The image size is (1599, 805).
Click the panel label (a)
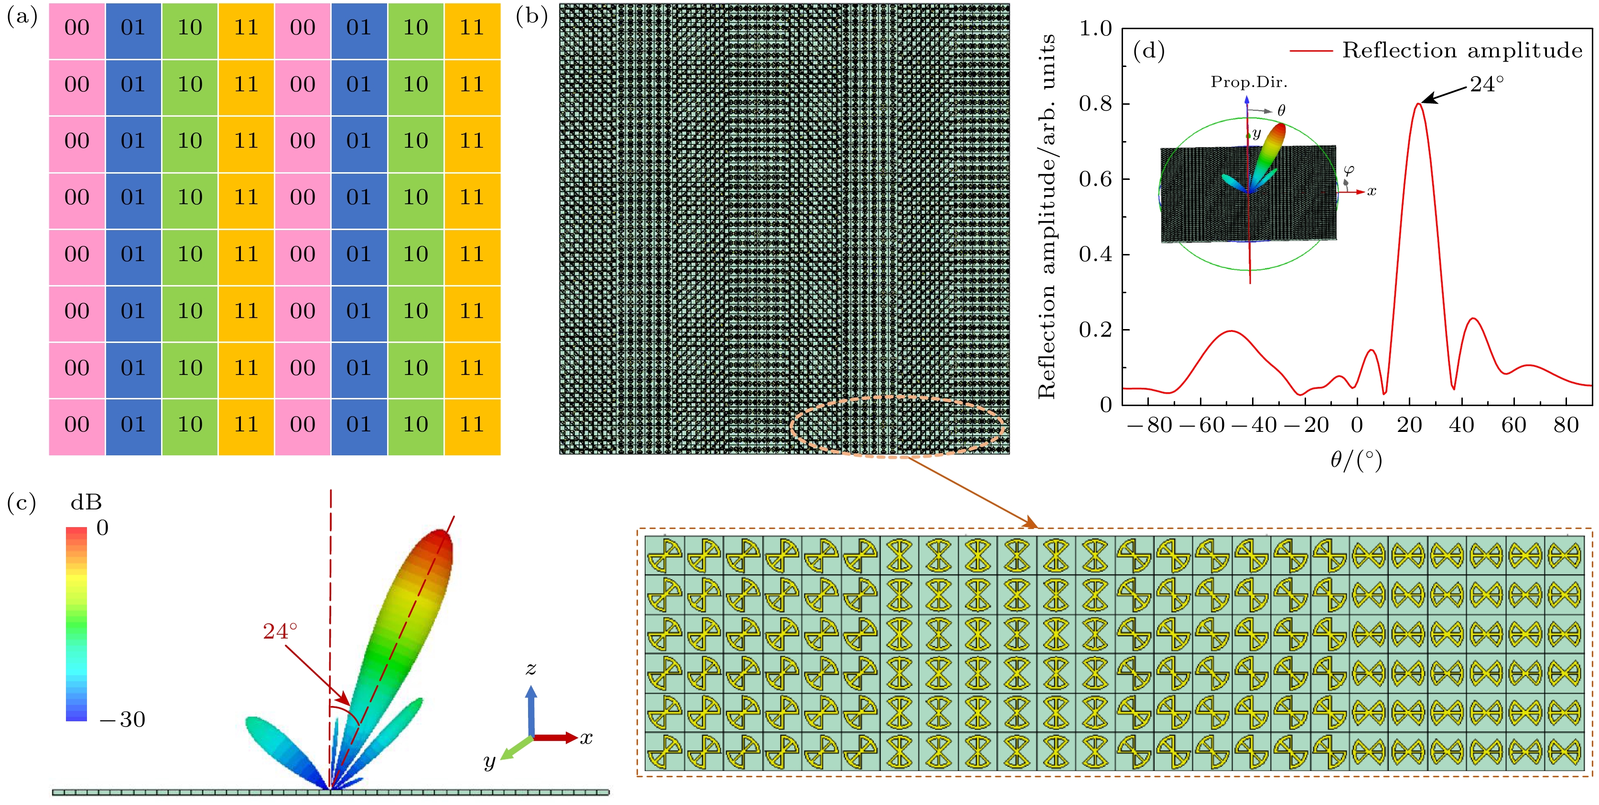(22, 17)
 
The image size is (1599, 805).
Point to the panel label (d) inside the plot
(1148, 51)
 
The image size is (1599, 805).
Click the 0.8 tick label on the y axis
(1095, 104)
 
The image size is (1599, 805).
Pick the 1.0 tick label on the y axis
(1095, 29)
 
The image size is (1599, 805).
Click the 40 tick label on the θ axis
(1461, 426)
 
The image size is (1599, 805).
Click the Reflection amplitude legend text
(1462, 50)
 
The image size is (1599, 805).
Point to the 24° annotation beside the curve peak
(1487, 84)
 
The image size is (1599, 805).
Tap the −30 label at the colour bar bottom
(122, 719)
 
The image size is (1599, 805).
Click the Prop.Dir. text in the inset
(1248, 82)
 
